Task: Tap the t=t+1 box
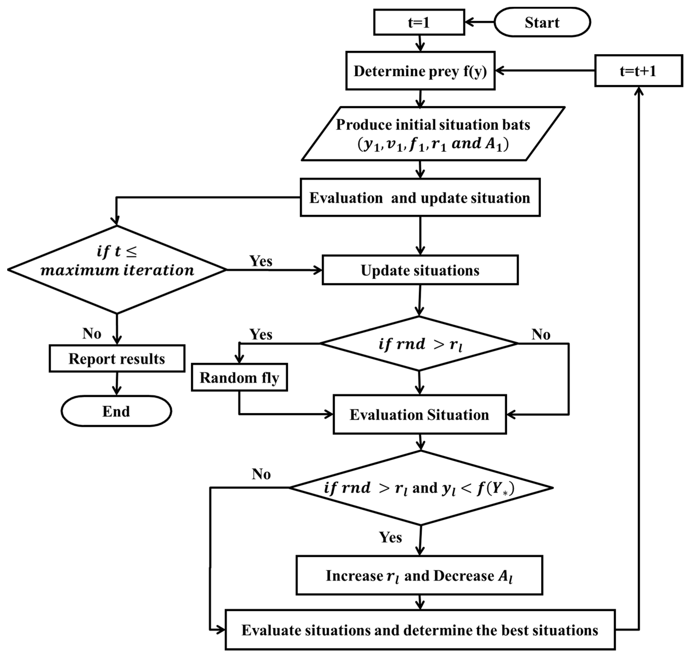(638, 71)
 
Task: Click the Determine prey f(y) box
(420, 71)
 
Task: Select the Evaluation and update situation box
(420, 198)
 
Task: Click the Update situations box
(420, 270)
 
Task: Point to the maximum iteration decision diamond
(117, 269)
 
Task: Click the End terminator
(116, 411)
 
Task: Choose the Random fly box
(239, 378)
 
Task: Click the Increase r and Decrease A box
(419, 576)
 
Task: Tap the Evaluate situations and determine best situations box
(420, 630)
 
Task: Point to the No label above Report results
(92, 333)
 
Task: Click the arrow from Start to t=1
(479, 22)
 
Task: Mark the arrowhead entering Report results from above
(117, 340)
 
